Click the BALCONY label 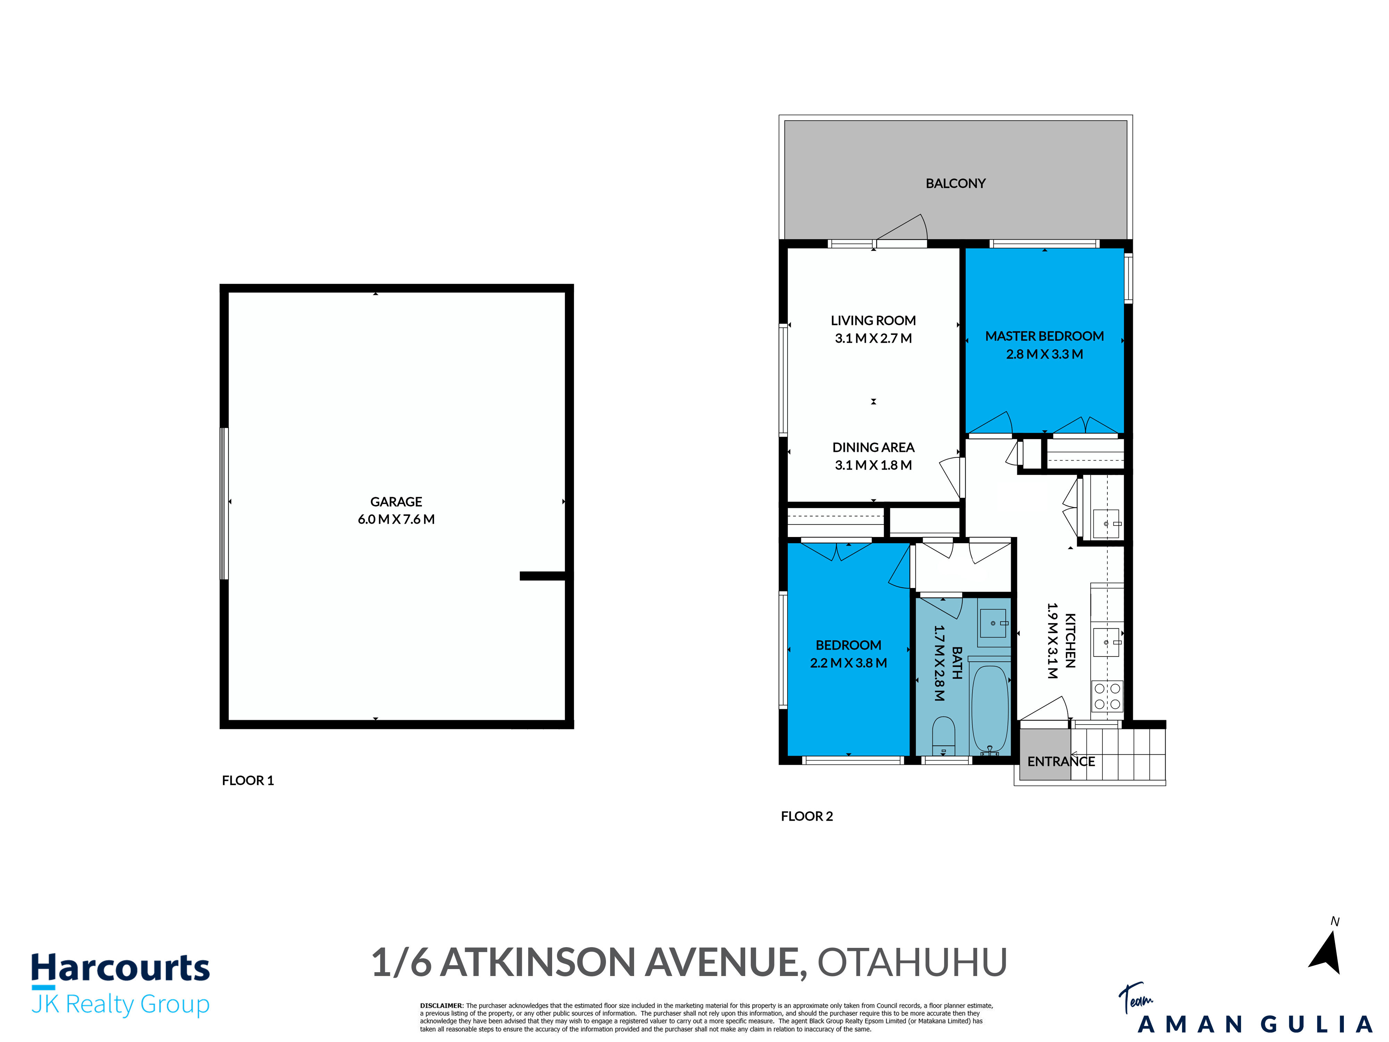(955, 183)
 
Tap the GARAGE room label (396, 502)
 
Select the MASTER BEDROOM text (1044, 336)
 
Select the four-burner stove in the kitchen (1107, 696)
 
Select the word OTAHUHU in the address (912, 962)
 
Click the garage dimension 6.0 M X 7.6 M (396, 519)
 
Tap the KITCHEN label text (1071, 640)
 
